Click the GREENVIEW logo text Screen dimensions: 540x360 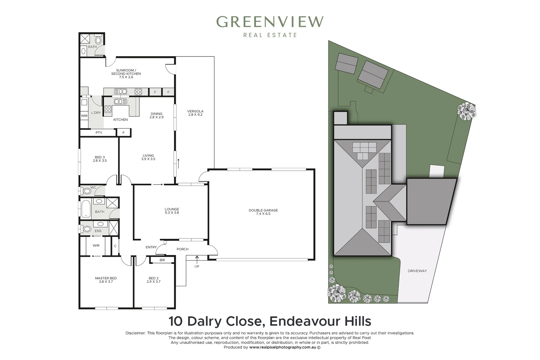tap(270, 22)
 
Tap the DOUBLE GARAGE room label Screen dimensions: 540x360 tap(263, 212)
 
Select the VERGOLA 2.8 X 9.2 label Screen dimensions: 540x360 tap(195, 113)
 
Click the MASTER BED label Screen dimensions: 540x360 tap(106, 280)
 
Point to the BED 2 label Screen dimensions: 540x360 tap(154, 280)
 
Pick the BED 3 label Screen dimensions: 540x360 tap(100, 159)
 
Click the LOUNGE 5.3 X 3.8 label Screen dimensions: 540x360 tap(172, 211)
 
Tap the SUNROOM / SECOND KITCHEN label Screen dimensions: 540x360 tap(126, 74)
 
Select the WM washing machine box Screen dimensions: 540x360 tap(84, 116)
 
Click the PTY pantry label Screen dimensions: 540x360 tap(99, 133)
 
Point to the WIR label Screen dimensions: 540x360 tap(96, 245)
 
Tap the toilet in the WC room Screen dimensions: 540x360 tap(86, 191)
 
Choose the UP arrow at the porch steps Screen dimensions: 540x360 tap(197, 260)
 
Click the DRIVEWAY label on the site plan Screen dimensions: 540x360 tap(417, 271)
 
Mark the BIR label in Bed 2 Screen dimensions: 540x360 tap(162, 260)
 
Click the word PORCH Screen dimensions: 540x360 tap(182, 249)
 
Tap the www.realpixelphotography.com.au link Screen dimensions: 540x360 tap(283, 347)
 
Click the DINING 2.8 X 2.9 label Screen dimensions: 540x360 tap(156, 115)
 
